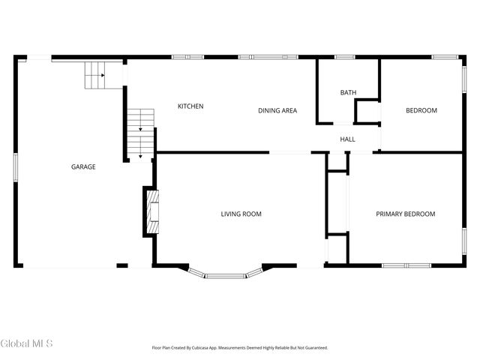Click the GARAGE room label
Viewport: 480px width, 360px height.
[83, 166]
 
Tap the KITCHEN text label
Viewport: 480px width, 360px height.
[190, 106]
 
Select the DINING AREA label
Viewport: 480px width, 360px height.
[277, 111]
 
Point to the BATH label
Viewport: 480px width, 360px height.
[348, 93]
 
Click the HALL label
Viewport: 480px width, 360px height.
[347, 139]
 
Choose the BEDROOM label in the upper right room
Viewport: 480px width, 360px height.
[421, 111]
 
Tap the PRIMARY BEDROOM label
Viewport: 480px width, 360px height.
[405, 214]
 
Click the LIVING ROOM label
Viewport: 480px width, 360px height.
[241, 214]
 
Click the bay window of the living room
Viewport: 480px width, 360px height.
[225, 274]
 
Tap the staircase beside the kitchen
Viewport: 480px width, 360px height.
[140, 133]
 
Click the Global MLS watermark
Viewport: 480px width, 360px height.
[27, 343]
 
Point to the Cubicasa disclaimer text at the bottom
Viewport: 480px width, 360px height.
[240, 348]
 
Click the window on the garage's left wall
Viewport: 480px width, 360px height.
[16, 166]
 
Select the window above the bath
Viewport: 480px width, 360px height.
[344, 56]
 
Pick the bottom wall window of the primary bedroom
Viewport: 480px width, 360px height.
[406, 265]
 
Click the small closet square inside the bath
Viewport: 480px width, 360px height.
[367, 112]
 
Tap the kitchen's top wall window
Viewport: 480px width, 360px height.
[187, 56]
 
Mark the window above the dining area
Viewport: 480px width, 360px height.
[268, 56]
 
